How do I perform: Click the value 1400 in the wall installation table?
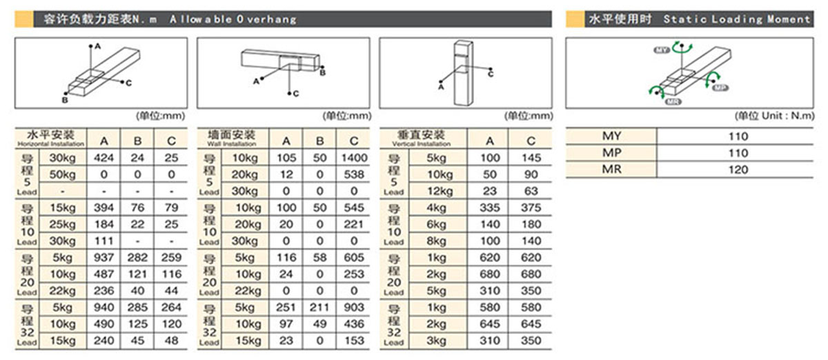point(354,158)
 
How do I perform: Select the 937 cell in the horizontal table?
point(104,258)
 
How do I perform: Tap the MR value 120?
point(738,170)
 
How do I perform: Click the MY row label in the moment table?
point(612,136)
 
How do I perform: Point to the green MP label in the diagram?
point(720,88)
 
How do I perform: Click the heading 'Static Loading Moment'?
point(736,19)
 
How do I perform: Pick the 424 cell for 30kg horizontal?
point(104,158)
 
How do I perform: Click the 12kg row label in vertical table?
point(441,191)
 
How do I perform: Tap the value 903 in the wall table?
point(354,308)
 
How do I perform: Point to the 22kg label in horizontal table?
point(61,291)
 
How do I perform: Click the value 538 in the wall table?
point(354,174)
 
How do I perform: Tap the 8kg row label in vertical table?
point(441,241)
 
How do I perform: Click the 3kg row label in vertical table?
point(441,341)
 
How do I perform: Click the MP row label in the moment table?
point(612,153)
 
